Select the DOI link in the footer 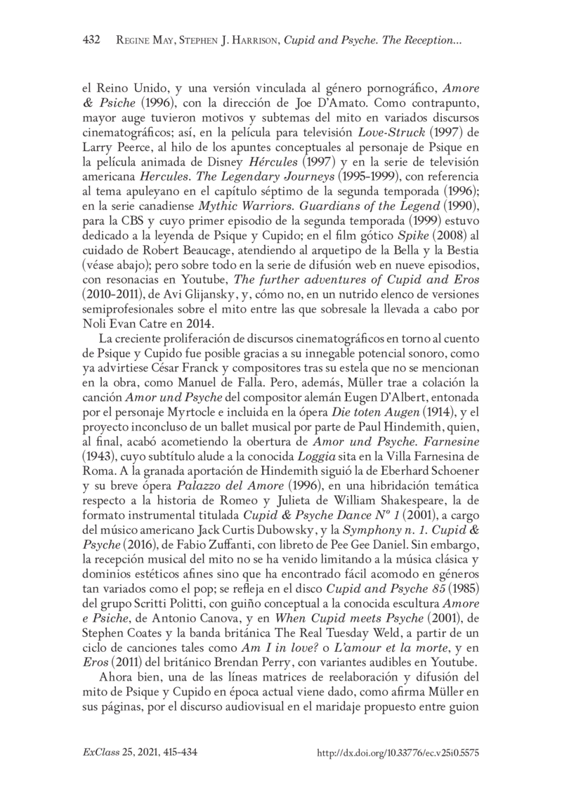[x=398, y=752]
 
